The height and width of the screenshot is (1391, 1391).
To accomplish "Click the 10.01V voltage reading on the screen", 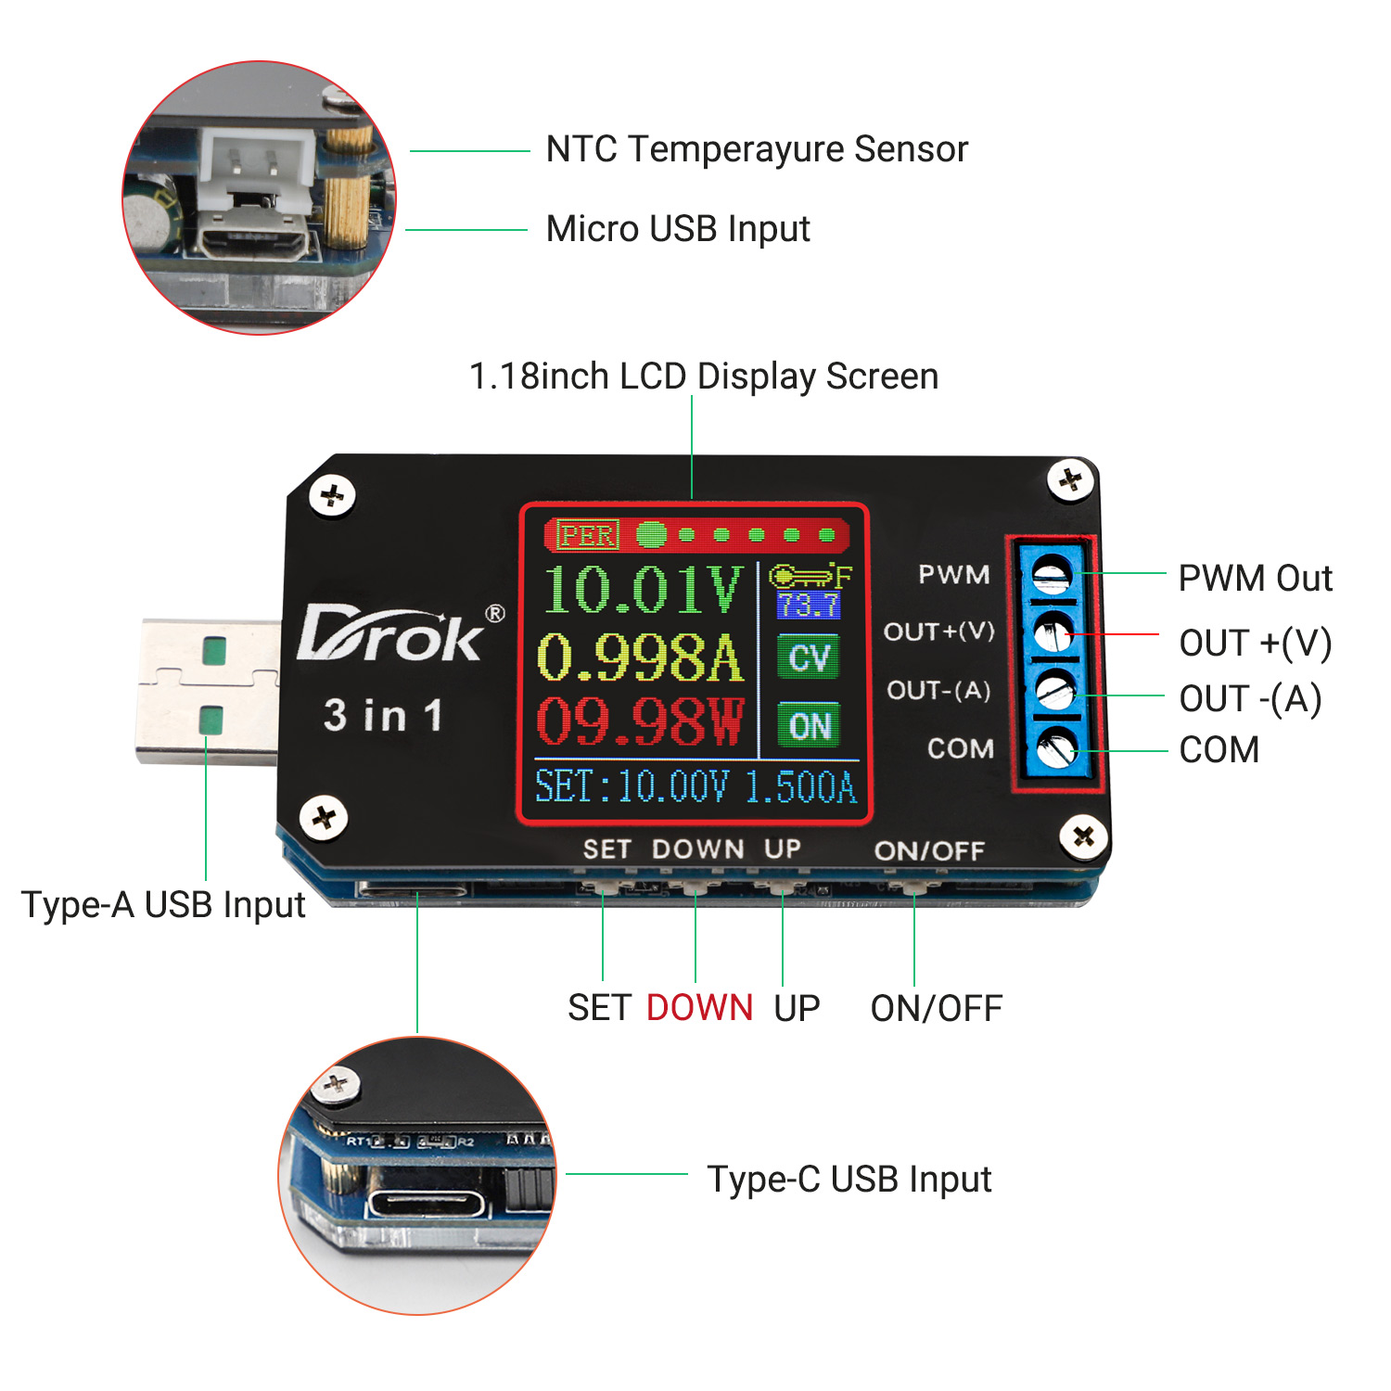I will (643, 590).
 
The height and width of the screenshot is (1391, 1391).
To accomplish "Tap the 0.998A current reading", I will (640, 657).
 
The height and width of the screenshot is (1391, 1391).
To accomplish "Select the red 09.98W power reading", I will (640, 722).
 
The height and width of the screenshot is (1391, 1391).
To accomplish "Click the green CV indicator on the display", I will (809, 657).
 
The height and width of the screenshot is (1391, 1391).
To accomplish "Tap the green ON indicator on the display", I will (809, 726).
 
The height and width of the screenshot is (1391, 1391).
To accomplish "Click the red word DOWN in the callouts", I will (699, 1008).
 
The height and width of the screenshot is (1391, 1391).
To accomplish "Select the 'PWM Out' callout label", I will (1255, 579).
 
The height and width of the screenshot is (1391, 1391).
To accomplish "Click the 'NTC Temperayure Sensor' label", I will (757, 149).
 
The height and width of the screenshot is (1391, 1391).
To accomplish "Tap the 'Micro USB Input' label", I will (678, 229).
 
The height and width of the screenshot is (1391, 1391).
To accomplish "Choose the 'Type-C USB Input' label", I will (849, 1180).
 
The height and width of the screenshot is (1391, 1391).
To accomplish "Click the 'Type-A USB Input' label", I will (163, 905).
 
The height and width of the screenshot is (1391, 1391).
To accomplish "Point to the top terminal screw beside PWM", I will (1053, 574).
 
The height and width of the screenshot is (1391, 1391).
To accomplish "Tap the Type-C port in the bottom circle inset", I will (426, 1205).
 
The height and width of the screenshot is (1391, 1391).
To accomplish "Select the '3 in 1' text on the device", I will (383, 716).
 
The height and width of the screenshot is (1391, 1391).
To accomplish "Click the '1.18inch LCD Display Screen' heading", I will (704, 376).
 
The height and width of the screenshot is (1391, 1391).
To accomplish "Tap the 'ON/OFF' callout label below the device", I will (937, 1009).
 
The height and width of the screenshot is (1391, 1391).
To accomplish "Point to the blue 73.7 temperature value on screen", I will (809, 606).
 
